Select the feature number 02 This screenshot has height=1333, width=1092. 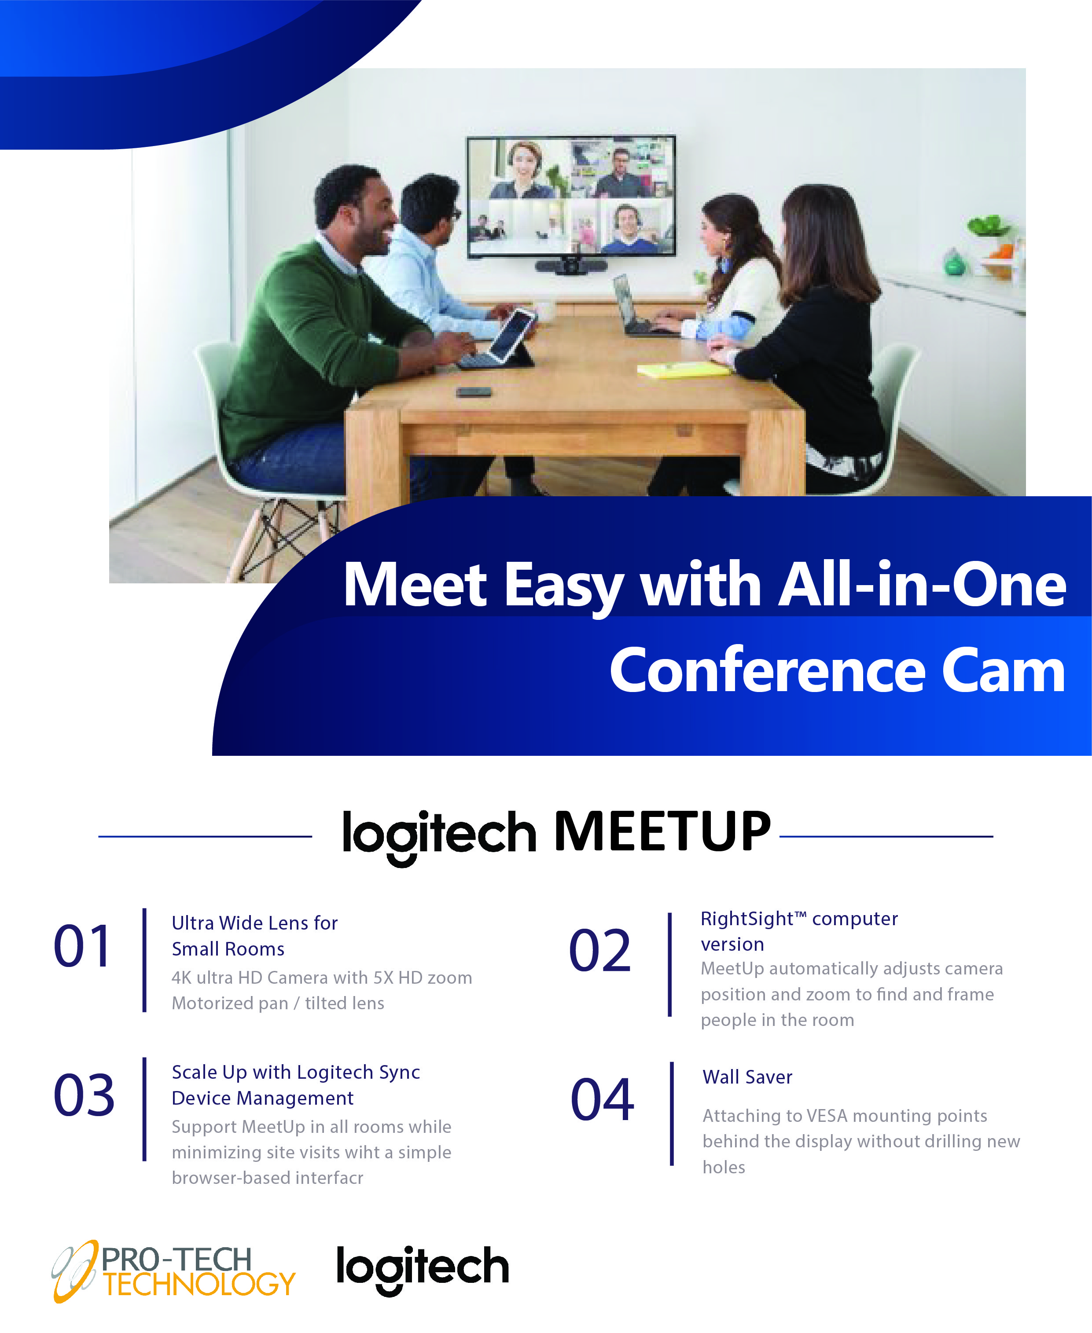[x=599, y=950]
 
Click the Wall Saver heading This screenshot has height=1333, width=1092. [x=747, y=1077]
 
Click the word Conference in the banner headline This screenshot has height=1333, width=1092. [x=768, y=671]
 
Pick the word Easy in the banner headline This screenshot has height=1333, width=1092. [x=564, y=586]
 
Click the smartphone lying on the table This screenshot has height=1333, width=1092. [x=474, y=392]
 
